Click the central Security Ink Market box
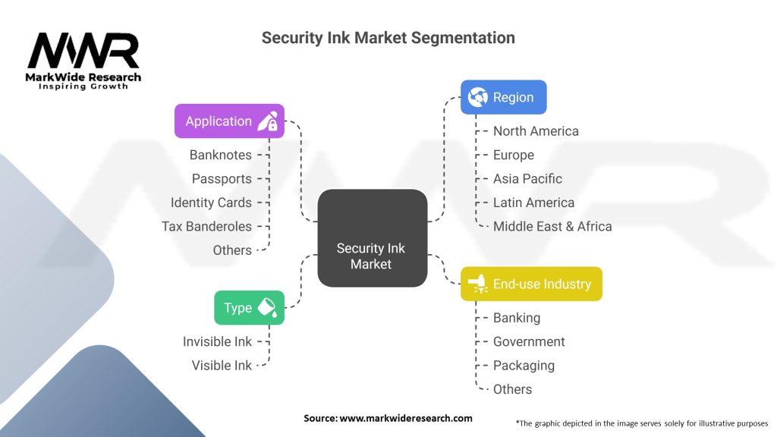372,239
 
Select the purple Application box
229,121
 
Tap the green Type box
249,307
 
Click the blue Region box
503,97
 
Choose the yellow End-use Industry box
531,284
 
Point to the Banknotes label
220,155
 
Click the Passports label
222,179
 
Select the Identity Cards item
211,203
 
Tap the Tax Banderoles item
206,226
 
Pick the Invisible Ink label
217,341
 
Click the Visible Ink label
222,365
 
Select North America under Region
536,131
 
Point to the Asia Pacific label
527,179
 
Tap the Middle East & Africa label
552,226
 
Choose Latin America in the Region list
533,203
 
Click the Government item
529,341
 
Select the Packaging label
524,365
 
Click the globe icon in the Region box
478,97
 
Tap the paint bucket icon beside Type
268,307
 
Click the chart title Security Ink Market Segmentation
388,37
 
